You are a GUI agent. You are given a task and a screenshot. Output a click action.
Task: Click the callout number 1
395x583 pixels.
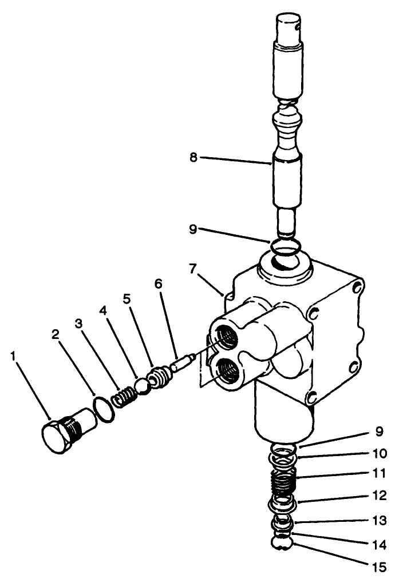[12, 357]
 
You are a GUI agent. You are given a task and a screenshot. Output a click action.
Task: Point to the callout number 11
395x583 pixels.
[380, 473]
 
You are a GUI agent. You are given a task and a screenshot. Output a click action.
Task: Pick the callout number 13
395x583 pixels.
[380, 521]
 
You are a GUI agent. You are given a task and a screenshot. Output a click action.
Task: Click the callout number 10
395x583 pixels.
[380, 454]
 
